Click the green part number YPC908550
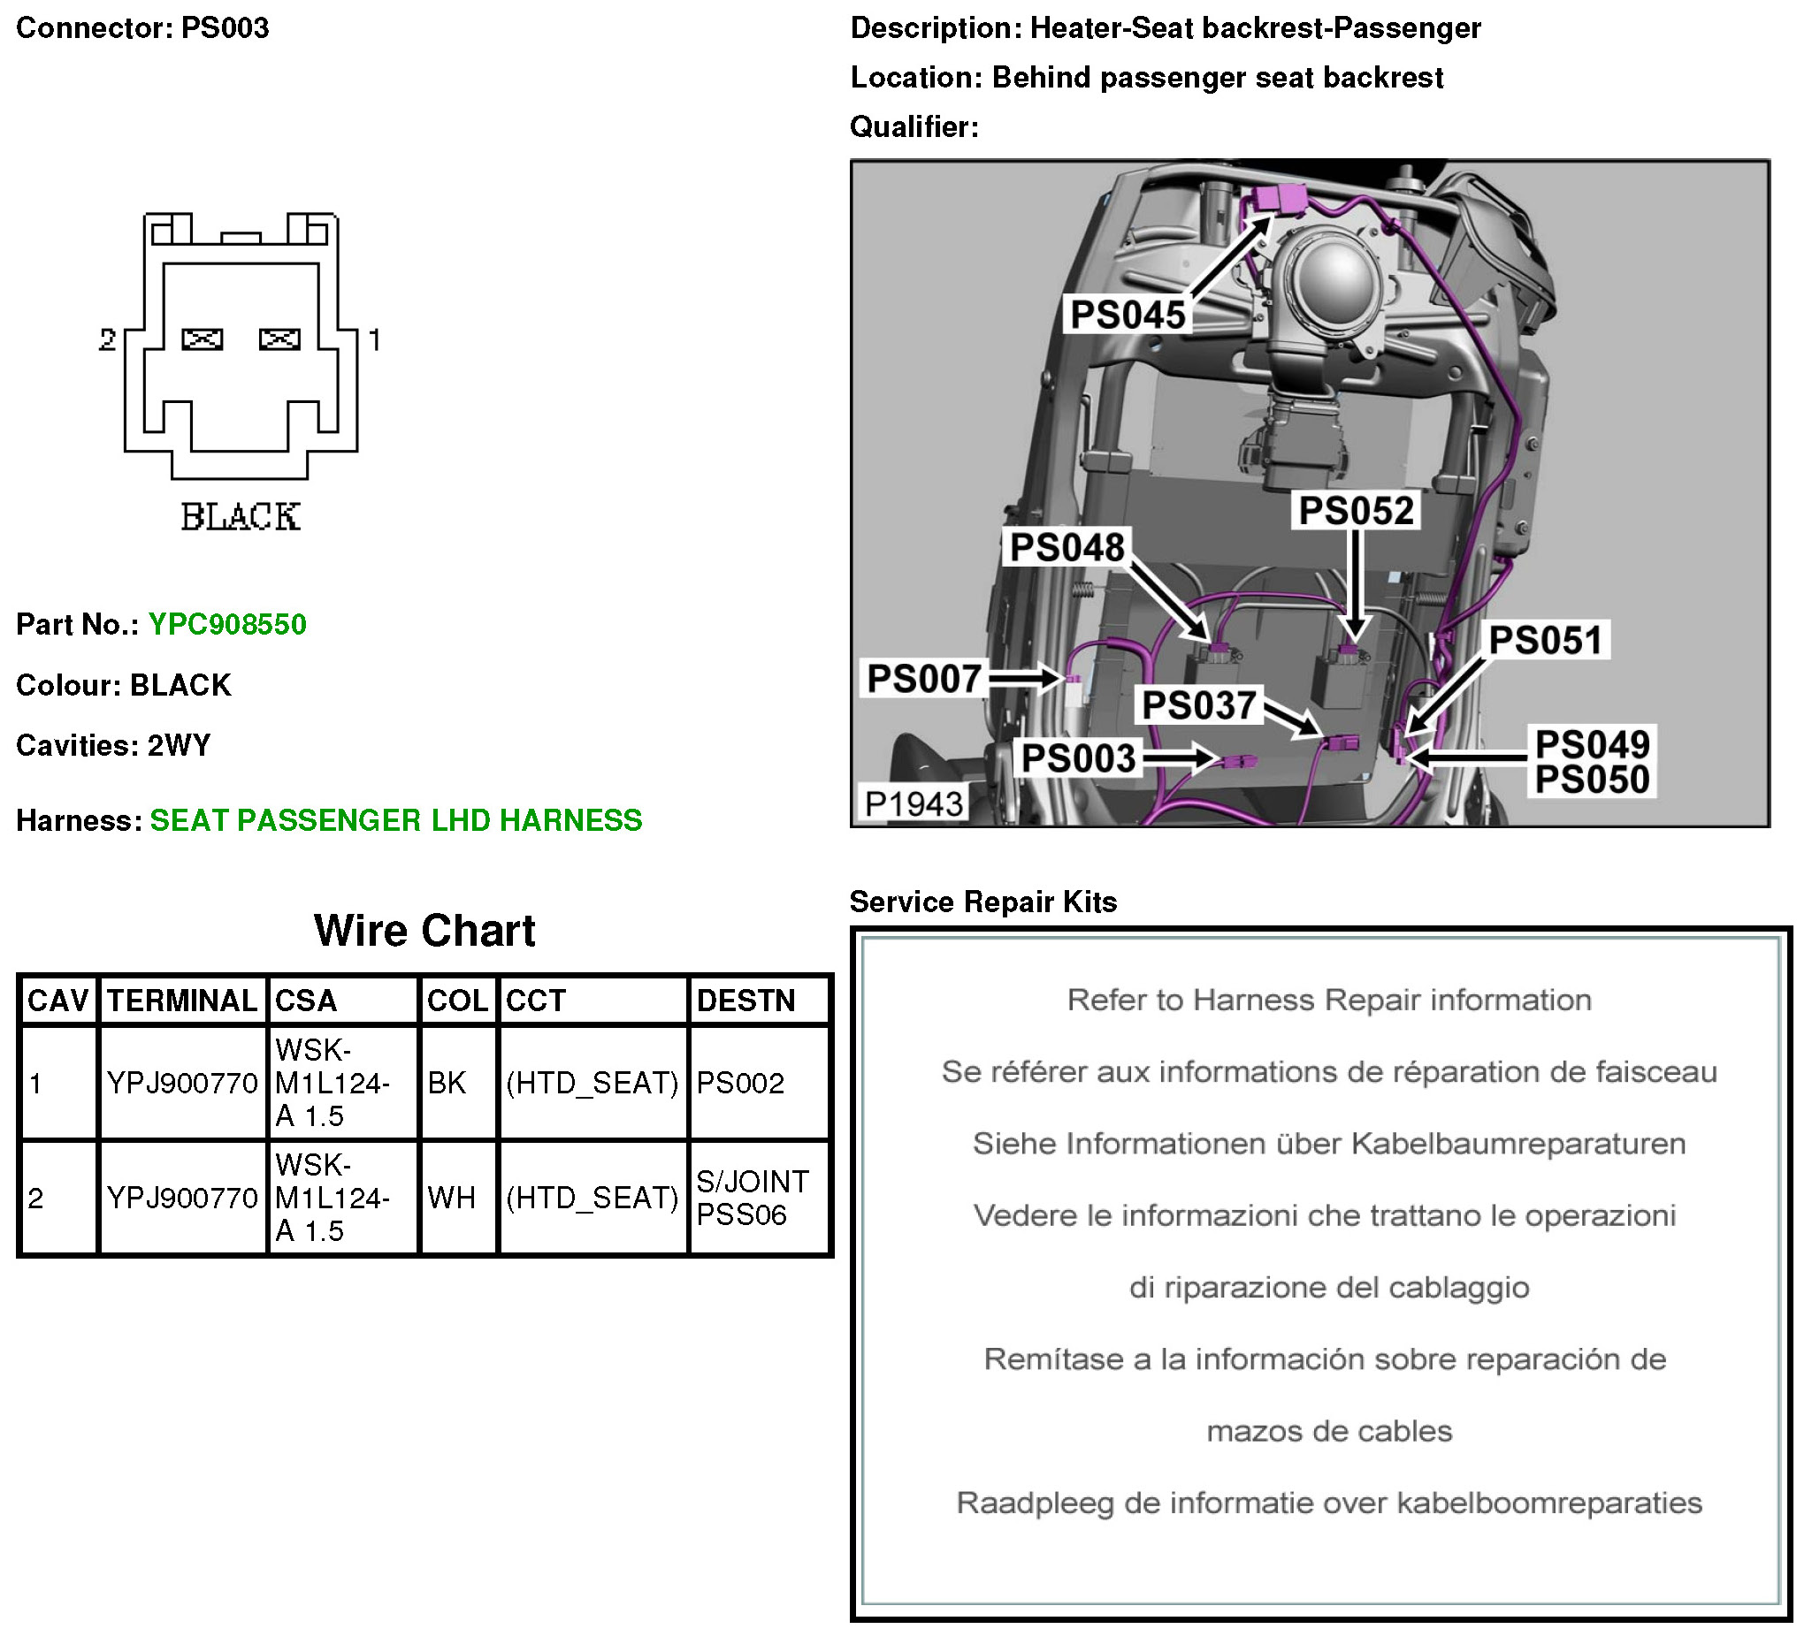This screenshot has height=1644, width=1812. click(226, 624)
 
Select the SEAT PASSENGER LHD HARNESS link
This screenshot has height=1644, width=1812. click(395, 820)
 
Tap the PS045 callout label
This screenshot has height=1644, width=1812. click(1128, 316)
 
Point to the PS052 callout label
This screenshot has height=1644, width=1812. click(1357, 511)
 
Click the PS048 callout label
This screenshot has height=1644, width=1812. click(1067, 548)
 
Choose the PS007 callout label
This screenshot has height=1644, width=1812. click(923, 679)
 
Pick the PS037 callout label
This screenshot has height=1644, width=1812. click(1198, 706)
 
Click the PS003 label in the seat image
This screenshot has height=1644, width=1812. click(1079, 759)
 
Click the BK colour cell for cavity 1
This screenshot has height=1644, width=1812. click(447, 1084)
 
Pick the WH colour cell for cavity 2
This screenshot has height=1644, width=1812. click(451, 1199)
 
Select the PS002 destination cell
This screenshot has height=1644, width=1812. click(740, 1084)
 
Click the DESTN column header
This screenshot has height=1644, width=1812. click(746, 1001)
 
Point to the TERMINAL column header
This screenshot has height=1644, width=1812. click(181, 1001)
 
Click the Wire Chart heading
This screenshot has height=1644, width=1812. click(424, 931)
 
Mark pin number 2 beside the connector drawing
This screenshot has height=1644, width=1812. click(108, 339)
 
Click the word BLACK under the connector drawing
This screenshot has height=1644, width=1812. click(240, 517)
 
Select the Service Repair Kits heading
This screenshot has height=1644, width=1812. click(983, 902)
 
